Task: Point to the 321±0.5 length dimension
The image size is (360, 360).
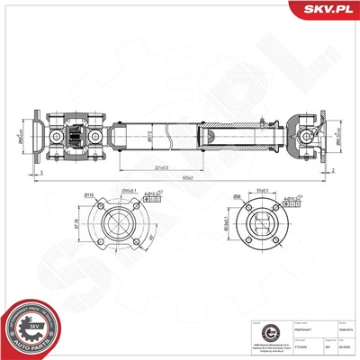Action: click(x=163, y=167)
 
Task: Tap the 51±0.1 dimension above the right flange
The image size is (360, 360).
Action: click(x=266, y=190)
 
